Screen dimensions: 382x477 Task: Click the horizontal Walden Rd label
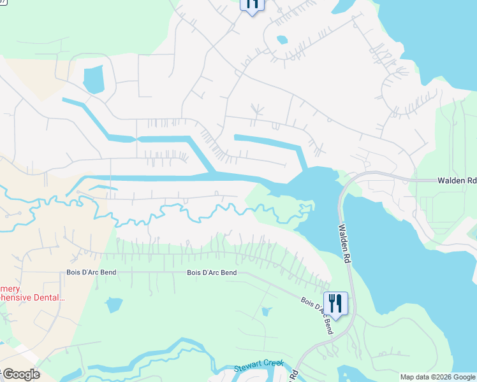pyautogui.click(x=457, y=181)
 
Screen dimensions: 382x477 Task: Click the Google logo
pyautogui.click(x=20, y=374)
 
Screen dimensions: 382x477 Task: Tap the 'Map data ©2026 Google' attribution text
pyautogui.click(x=437, y=377)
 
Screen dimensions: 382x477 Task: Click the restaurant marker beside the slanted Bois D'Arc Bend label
pyautogui.click(x=335, y=302)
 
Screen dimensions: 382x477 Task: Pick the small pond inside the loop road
pyautogui.click(x=281, y=40)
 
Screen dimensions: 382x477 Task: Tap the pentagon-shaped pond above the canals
pyautogui.click(x=93, y=79)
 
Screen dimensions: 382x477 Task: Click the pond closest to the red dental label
pyautogui.click(x=114, y=305)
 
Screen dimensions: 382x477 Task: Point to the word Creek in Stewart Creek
pyautogui.click(x=266, y=367)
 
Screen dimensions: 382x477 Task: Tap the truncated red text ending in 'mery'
pyautogui.click(x=11, y=287)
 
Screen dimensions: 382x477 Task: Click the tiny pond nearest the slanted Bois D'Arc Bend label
pyautogui.click(x=265, y=311)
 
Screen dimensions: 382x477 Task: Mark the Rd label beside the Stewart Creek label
pyautogui.click(x=295, y=374)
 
